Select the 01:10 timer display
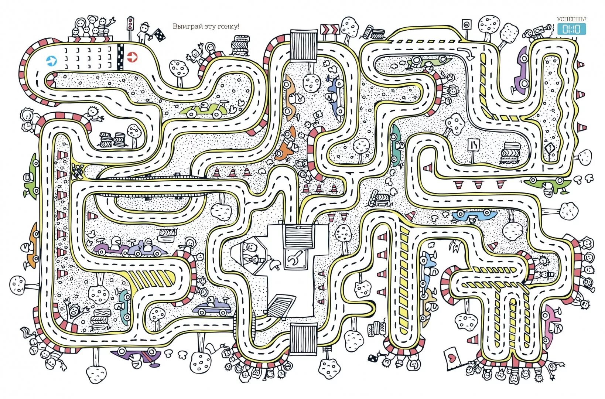571,29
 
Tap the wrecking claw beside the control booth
274,264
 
